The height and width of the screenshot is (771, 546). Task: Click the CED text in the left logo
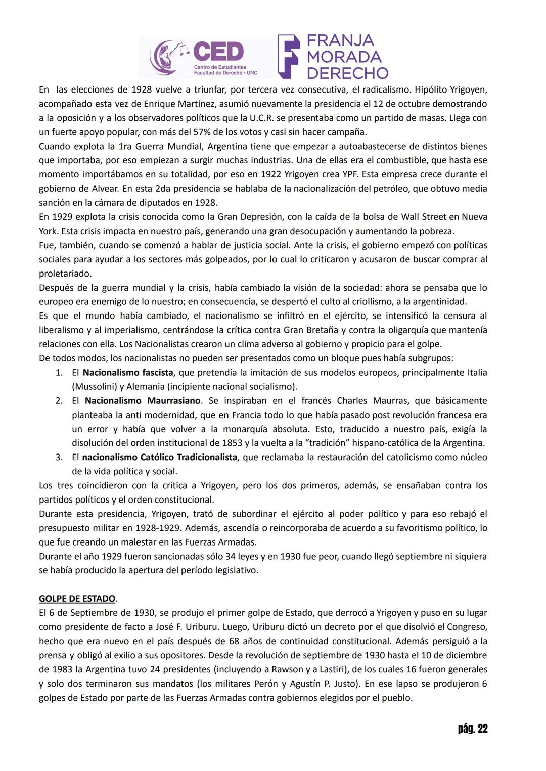pyautogui.click(x=218, y=52)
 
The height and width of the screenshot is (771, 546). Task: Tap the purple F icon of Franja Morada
pyautogui.click(x=289, y=57)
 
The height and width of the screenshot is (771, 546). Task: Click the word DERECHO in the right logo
pyautogui.click(x=347, y=73)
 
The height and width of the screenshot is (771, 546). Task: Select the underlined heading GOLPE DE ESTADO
pyautogui.click(x=77, y=599)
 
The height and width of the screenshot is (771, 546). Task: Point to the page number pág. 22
pyautogui.click(x=472, y=729)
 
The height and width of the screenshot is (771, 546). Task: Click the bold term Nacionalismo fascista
pyautogui.click(x=128, y=373)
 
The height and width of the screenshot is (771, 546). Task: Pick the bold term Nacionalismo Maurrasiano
pyautogui.click(x=143, y=401)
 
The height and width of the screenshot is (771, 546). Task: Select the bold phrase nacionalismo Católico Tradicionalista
pyautogui.click(x=159, y=457)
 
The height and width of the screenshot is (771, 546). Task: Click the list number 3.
pyautogui.click(x=59, y=457)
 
